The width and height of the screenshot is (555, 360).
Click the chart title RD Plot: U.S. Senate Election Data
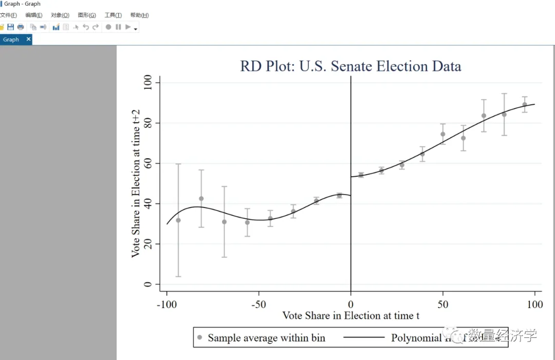350,66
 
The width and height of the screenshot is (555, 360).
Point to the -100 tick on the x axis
166,305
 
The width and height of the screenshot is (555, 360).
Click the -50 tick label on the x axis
258,305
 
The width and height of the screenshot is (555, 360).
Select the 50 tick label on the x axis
442,305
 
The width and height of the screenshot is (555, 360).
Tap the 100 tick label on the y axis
148,83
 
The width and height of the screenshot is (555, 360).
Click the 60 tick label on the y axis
148,163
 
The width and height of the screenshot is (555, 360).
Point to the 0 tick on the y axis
148,285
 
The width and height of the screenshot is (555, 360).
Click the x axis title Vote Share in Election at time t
350,315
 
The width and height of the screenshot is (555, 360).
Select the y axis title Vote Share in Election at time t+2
136,183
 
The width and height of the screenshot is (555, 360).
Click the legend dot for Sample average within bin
199,337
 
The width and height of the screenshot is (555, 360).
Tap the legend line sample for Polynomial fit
364,337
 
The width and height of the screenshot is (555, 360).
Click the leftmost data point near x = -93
178,220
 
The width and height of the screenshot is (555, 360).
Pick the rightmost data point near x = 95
525,105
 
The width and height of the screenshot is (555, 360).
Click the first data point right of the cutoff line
361,175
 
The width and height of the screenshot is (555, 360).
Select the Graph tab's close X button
28,39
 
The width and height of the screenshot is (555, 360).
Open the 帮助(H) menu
139,15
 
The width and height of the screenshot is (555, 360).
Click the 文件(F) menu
8,15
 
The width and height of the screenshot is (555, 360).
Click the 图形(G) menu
87,15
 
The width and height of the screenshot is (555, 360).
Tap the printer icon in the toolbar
21,27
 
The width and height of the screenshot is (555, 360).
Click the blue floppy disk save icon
10,27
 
